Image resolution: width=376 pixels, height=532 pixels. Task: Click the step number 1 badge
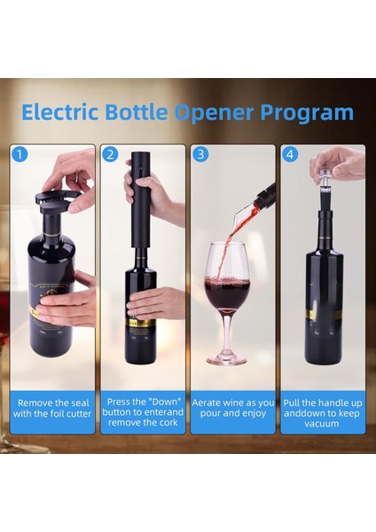(20, 154)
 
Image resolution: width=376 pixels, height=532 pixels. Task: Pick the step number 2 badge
(110, 154)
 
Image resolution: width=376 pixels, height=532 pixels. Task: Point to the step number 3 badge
(201, 154)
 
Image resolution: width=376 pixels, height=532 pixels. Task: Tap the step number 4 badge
(291, 154)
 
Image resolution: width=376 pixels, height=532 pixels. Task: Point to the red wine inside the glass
(227, 290)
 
